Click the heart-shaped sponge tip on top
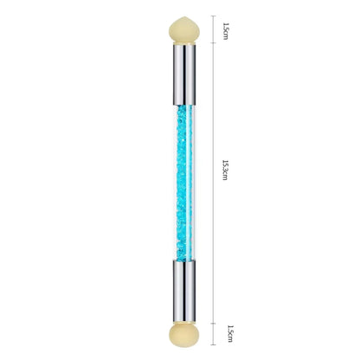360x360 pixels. pos(184,30)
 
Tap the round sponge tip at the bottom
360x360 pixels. pos(184,335)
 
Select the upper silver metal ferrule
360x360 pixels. pos(184,75)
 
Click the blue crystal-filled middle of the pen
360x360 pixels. pos(184,183)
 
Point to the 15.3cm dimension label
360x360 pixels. pos(225,170)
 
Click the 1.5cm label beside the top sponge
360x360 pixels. pos(226,31)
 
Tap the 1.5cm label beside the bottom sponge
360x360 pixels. pos(230,334)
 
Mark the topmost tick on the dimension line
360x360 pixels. pos(213,16)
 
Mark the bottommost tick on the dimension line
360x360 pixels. pos(213,344)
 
